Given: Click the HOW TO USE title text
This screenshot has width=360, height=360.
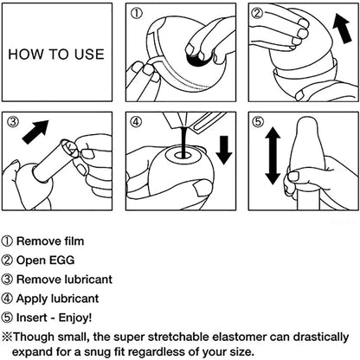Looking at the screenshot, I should (x=55, y=54).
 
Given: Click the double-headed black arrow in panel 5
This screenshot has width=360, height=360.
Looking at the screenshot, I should (x=272, y=157).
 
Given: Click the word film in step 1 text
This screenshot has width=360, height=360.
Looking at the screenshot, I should (x=71, y=242).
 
